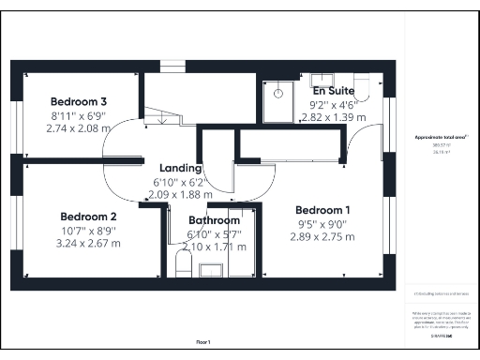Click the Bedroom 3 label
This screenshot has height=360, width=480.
[x=78, y=100]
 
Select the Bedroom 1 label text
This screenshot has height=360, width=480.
[x=322, y=209]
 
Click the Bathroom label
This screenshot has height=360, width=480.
[x=214, y=220]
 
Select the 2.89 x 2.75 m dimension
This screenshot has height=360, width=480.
[x=322, y=237]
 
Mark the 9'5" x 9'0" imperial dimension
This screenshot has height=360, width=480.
[x=322, y=223]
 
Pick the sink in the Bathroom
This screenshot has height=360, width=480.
[x=211, y=270]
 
